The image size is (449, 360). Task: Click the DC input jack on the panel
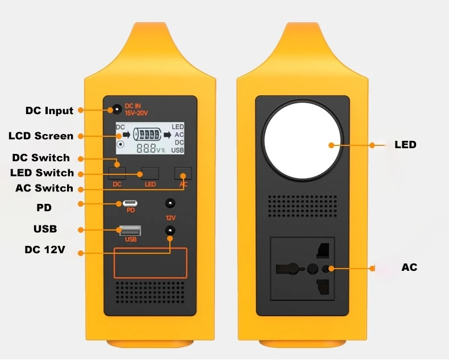(x=117, y=110)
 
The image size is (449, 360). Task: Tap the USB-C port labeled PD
(x=130, y=203)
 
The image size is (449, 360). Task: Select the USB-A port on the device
(x=130, y=231)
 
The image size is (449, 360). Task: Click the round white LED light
(x=302, y=140)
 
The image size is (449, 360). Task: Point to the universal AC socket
(x=302, y=269)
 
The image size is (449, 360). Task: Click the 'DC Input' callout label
(x=49, y=111)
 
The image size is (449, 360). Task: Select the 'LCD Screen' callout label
(x=41, y=136)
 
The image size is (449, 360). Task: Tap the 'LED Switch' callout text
(x=42, y=173)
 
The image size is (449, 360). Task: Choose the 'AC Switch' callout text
(x=44, y=188)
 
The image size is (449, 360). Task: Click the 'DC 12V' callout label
(x=45, y=249)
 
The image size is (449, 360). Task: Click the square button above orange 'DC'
(x=117, y=173)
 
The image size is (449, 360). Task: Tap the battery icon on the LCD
(x=147, y=134)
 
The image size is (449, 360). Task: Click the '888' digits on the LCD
(x=146, y=148)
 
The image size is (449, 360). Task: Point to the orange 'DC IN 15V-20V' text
(x=136, y=110)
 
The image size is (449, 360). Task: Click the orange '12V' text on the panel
(x=171, y=218)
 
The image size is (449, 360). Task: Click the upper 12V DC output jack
(x=171, y=203)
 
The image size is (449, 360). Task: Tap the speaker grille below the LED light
(x=302, y=206)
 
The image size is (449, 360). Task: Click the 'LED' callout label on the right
(x=405, y=145)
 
